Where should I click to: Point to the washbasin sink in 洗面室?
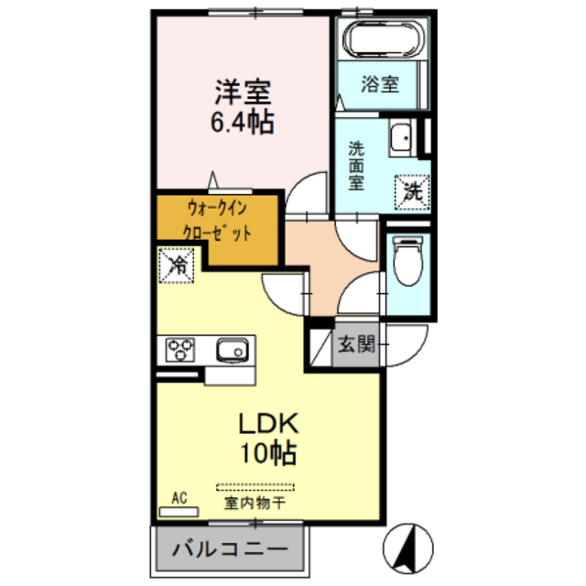click(399, 139)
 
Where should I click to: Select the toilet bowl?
click(404, 261)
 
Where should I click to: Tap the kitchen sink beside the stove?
click(233, 349)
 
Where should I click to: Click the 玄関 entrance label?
click(356, 345)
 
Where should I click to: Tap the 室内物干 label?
click(255, 503)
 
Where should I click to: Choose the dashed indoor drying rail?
click(256, 486)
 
